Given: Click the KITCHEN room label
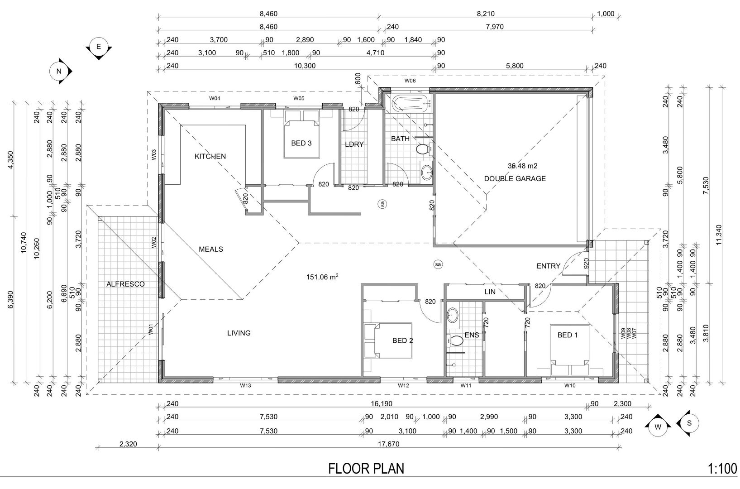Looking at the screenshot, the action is [x=210, y=156].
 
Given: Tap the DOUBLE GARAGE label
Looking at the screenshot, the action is [x=515, y=179].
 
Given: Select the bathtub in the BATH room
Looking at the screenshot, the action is [x=410, y=103].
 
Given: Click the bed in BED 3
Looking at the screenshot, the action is [x=301, y=139].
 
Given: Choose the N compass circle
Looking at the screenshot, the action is [x=59, y=71].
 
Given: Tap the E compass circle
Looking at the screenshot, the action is [x=99, y=47].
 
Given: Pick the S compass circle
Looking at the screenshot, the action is [x=689, y=423].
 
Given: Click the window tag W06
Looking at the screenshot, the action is [x=410, y=81].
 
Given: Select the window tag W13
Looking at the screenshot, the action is [x=245, y=385].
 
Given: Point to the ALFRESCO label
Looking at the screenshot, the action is [x=125, y=284].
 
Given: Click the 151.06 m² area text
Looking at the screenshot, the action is [x=322, y=277].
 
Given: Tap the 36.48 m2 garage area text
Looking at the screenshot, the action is [x=523, y=166].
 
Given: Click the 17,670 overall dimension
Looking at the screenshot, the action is [x=388, y=444].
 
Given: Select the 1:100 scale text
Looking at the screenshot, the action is [x=722, y=469].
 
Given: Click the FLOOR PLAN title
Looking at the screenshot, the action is [x=366, y=469].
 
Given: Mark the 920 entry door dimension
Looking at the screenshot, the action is [x=586, y=264].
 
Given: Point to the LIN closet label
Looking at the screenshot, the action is [x=490, y=292].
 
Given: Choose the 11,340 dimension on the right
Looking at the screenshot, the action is [x=719, y=235].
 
